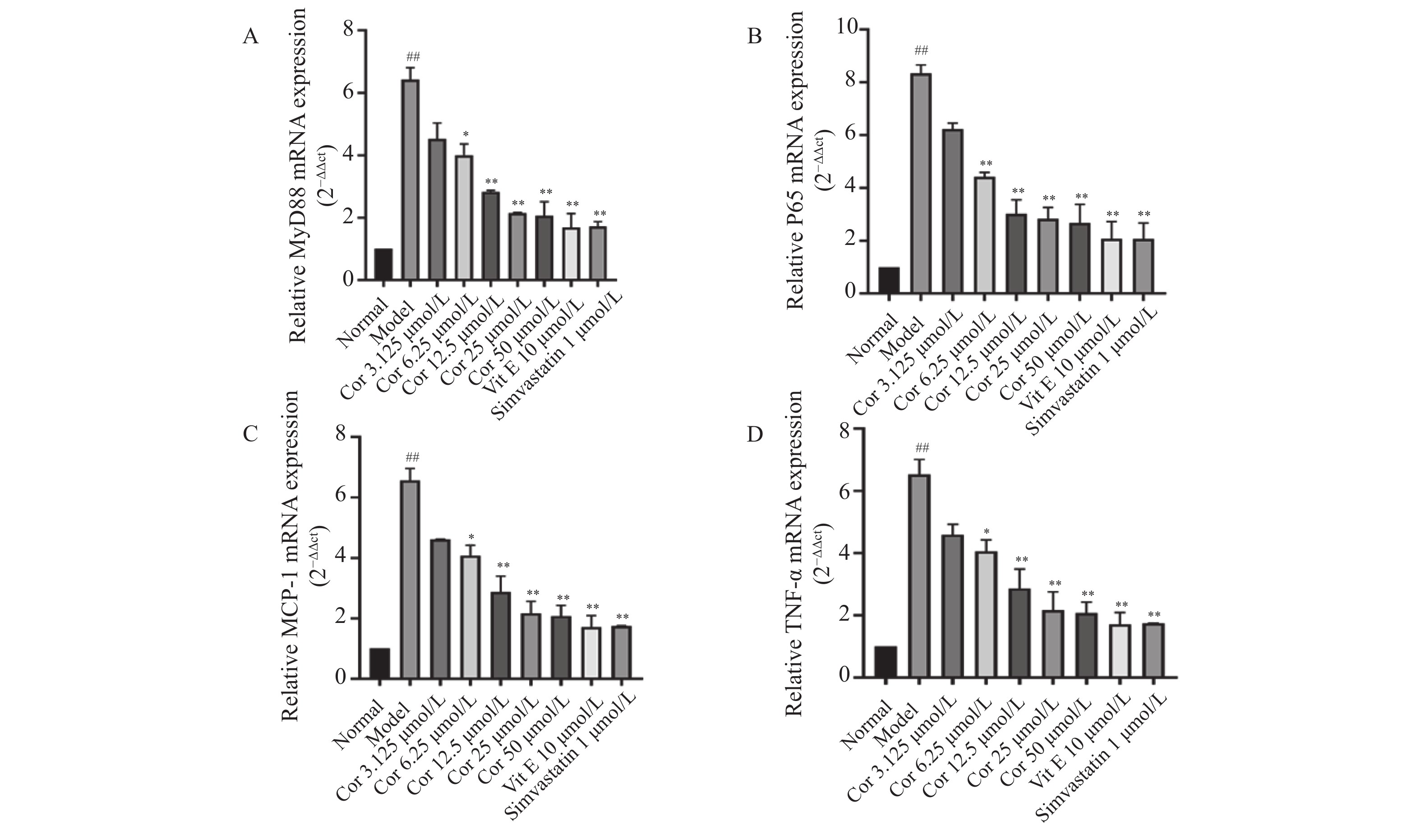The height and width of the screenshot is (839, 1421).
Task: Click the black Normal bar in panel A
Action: point(383,264)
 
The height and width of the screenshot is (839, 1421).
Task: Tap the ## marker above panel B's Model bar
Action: point(921,51)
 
